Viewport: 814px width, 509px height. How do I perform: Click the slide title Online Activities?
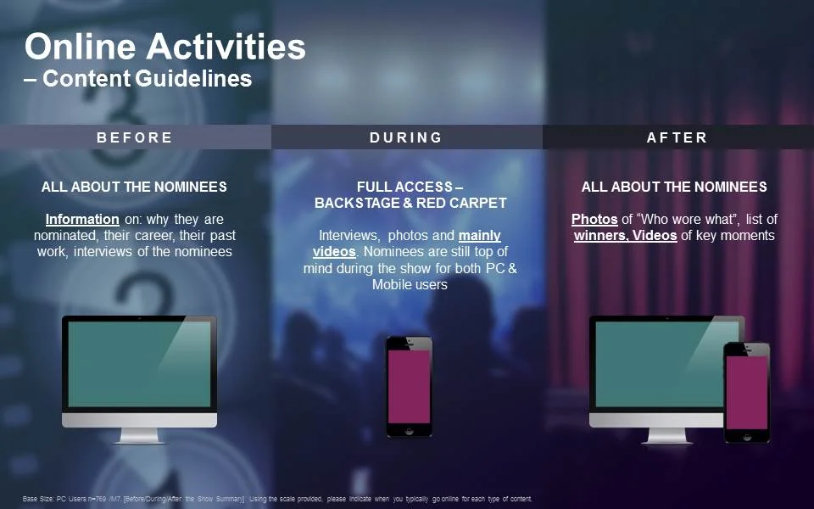pyautogui.click(x=165, y=46)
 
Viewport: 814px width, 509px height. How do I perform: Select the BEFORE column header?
pyautogui.click(x=135, y=137)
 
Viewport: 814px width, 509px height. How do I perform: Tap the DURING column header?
pyautogui.click(x=406, y=137)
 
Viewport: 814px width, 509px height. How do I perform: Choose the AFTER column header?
pyautogui.click(x=677, y=137)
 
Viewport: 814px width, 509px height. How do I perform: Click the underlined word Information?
pyautogui.click(x=82, y=220)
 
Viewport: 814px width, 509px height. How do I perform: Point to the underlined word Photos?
pyautogui.click(x=594, y=220)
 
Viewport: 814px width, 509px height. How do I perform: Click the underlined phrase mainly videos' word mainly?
pyautogui.click(x=480, y=236)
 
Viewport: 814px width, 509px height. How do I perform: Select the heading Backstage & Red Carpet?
pyautogui.click(x=410, y=204)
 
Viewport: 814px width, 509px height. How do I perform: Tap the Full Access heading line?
pyautogui.click(x=410, y=187)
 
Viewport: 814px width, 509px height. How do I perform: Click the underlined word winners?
pyautogui.click(x=600, y=236)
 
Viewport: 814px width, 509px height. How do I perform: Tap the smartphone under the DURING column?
pyautogui.click(x=410, y=386)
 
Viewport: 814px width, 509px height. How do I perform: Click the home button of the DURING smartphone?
pyautogui.click(x=410, y=430)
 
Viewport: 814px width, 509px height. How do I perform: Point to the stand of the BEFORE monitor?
pyautogui.click(x=139, y=436)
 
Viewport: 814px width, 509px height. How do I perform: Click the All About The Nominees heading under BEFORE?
pyautogui.click(x=134, y=187)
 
